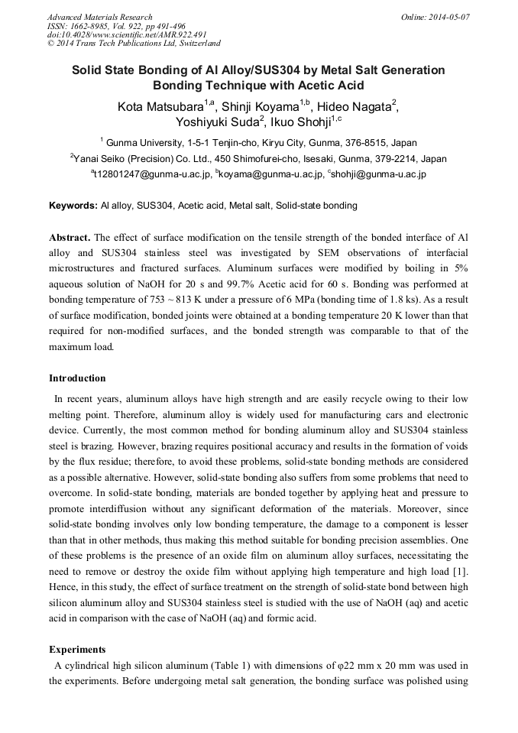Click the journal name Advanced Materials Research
[x=99, y=17]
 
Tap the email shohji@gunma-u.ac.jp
[x=378, y=174]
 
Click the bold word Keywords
[x=73, y=206]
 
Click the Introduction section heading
[x=77, y=378]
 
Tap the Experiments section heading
[x=76, y=650]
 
